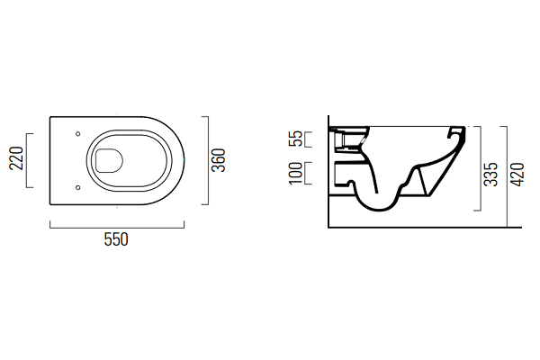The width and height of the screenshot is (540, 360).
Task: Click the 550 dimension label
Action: tap(116, 239)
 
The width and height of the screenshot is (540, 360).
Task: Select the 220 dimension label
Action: tap(16, 158)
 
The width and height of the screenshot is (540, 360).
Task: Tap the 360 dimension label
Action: tap(219, 160)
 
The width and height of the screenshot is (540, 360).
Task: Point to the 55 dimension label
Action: tap(296, 139)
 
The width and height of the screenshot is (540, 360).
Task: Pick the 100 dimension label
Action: tap(296, 174)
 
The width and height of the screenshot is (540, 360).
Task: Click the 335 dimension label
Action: tap(490, 175)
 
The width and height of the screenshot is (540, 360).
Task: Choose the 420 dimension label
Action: tap(517, 175)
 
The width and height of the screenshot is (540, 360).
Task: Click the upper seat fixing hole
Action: tap(77, 134)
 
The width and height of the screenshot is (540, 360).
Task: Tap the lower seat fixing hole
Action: tap(77, 187)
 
